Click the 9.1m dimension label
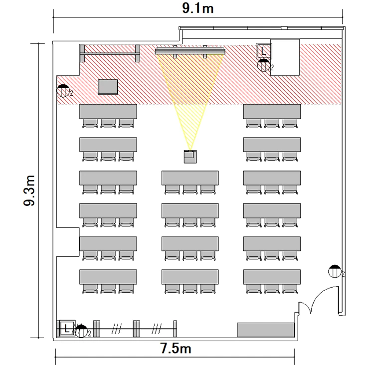tap(198, 8)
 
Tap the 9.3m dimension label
tap(29, 190)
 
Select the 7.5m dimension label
tap(176, 348)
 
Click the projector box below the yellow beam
tap(190, 157)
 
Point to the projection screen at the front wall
tap(190, 51)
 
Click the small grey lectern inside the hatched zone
tap(108, 87)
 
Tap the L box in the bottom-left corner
tap(67, 329)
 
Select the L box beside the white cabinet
tap(264, 51)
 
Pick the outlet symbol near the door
tap(335, 271)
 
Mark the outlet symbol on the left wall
tap(63, 91)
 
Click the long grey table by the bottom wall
tap(265, 330)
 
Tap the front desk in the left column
tap(108, 111)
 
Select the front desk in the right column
tap(272, 111)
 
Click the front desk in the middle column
tap(190, 178)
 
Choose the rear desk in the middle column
tap(190, 277)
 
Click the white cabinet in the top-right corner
tap(285, 57)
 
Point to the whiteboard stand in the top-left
tap(110, 53)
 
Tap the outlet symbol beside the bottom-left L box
tap(81, 331)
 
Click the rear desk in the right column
tap(272, 277)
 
